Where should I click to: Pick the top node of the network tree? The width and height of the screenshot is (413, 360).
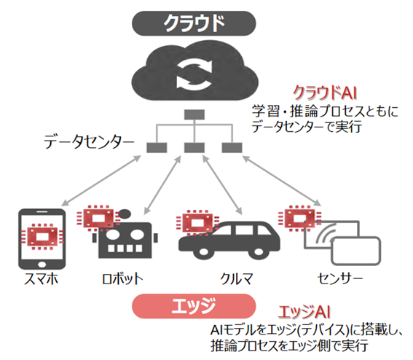click(192, 114)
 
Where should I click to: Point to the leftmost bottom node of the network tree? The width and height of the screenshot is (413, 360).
click(156, 148)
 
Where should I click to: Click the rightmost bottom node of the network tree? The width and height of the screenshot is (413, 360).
click(231, 148)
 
